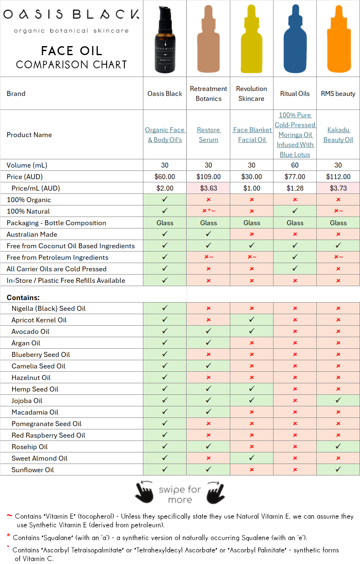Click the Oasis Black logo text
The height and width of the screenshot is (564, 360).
click(x=71, y=15)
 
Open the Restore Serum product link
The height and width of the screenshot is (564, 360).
click(x=208, y=135)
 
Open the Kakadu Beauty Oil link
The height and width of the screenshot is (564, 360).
click(x=338, y=135)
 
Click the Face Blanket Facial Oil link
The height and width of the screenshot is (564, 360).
click(x=252, y=135)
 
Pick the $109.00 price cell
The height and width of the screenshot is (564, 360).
click(x=208, y=177)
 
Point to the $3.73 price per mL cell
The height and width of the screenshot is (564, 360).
click(x=338, y=188)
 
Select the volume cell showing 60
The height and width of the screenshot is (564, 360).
click(x=295, y=165)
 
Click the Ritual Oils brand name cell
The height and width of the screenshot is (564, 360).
click(x=295, y=93)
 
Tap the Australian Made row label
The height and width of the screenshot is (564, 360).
click(x=32, y=234)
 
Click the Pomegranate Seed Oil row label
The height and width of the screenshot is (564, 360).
click(x=47, y=424)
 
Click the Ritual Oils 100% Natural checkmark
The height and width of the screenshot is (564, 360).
click(x=295, y=211)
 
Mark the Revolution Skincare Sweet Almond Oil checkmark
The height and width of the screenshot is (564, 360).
click(x=252, y=458)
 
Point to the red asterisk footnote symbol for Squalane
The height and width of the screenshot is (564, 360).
click(x=8, y=536)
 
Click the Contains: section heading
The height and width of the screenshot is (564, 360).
click(x=23, y=298)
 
